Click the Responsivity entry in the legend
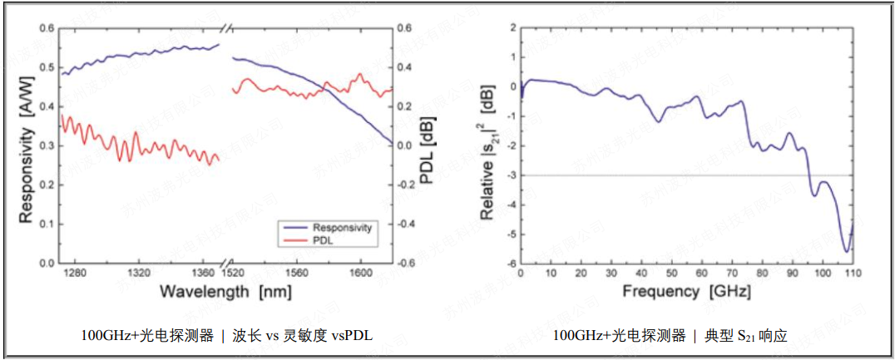(x=341, y=227)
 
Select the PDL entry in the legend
(x=323, y=239)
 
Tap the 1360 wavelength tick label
(x=202, y=273)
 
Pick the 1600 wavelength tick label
(x=360, y=273)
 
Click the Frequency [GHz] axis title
(x=686, y=292)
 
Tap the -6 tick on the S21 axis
(x=510, y=264)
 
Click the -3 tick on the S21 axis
(x=510, y=175)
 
